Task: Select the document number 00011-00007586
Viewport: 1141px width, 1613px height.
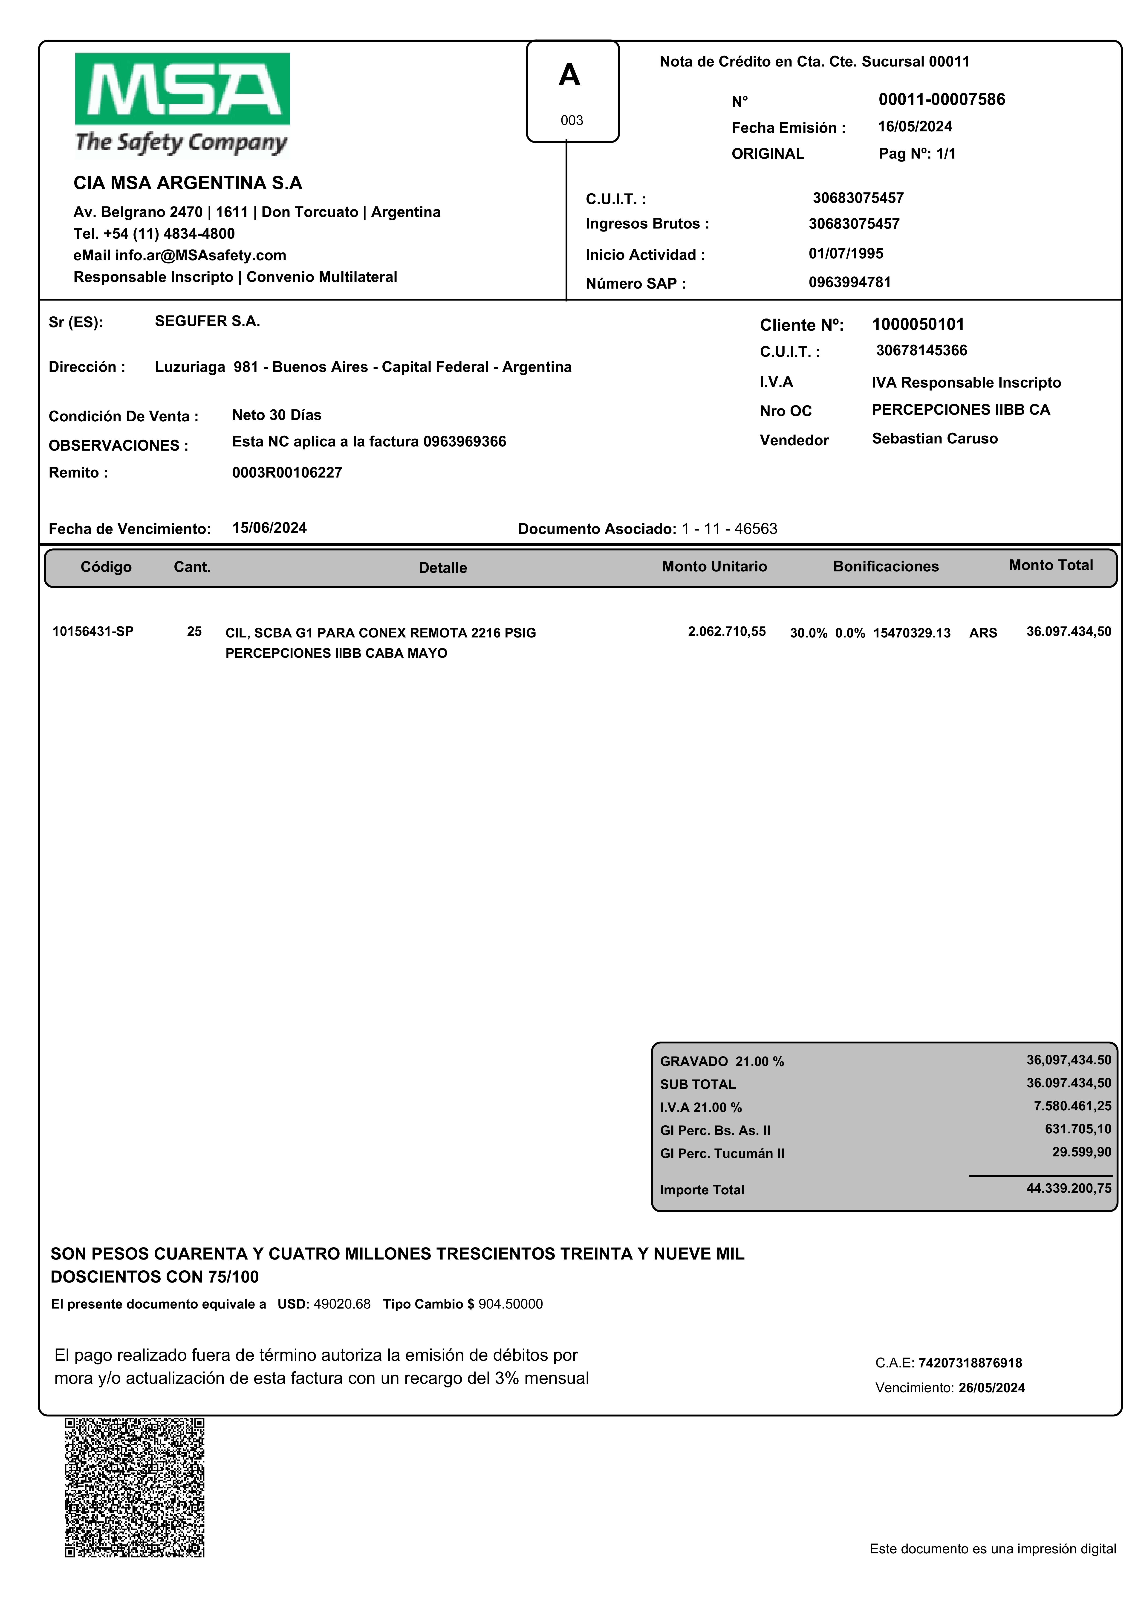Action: [x=942, y=100]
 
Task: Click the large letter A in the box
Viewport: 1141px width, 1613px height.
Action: [x=569, y=75]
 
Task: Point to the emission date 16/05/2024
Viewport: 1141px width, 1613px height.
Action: [x=915, y=126]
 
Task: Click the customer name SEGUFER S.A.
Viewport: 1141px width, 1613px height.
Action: [x=207, y=321]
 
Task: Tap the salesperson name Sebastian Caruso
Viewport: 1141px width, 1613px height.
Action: [x=934, y=438]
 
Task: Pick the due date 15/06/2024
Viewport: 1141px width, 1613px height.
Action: [x=269, y=528]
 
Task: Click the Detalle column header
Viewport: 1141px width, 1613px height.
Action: [x=443, y=568]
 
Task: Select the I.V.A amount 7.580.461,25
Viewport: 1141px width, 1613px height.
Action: [x=1072, y=1106]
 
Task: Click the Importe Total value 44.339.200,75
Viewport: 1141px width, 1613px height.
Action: [x=1069, y=1188]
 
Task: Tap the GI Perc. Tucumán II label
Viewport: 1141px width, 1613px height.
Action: [x=722, y=1153]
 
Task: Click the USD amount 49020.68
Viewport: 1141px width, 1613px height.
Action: [x=341, y=1304]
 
